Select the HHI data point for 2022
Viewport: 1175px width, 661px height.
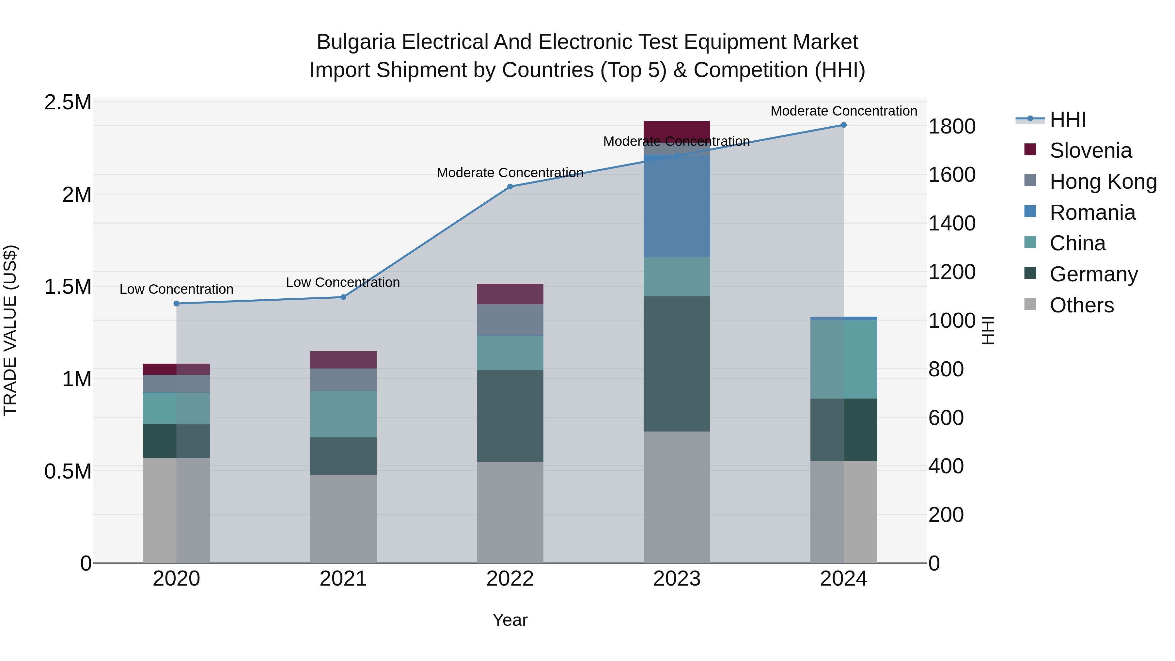coord(510,187)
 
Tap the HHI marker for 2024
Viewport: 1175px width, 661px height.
coord(843,125)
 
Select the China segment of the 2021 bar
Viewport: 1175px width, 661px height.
coord(343,414)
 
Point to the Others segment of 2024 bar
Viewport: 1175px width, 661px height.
coord(843,512)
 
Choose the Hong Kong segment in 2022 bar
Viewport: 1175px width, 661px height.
coord(510,319)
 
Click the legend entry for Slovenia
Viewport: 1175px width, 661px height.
coord(1090,150)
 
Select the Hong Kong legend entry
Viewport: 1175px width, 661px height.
coord(1103,181)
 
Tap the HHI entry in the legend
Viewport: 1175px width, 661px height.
coord(1067,119)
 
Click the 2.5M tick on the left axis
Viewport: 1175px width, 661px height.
coord(68,102)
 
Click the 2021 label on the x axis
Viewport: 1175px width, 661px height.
coord(343,579)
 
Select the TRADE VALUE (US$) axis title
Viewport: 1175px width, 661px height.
coord(10,330)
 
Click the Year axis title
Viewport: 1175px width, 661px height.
coord(510,620)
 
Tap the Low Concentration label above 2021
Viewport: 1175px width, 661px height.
coord(343,282)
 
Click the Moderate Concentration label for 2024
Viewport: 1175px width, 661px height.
coord(843,111)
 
